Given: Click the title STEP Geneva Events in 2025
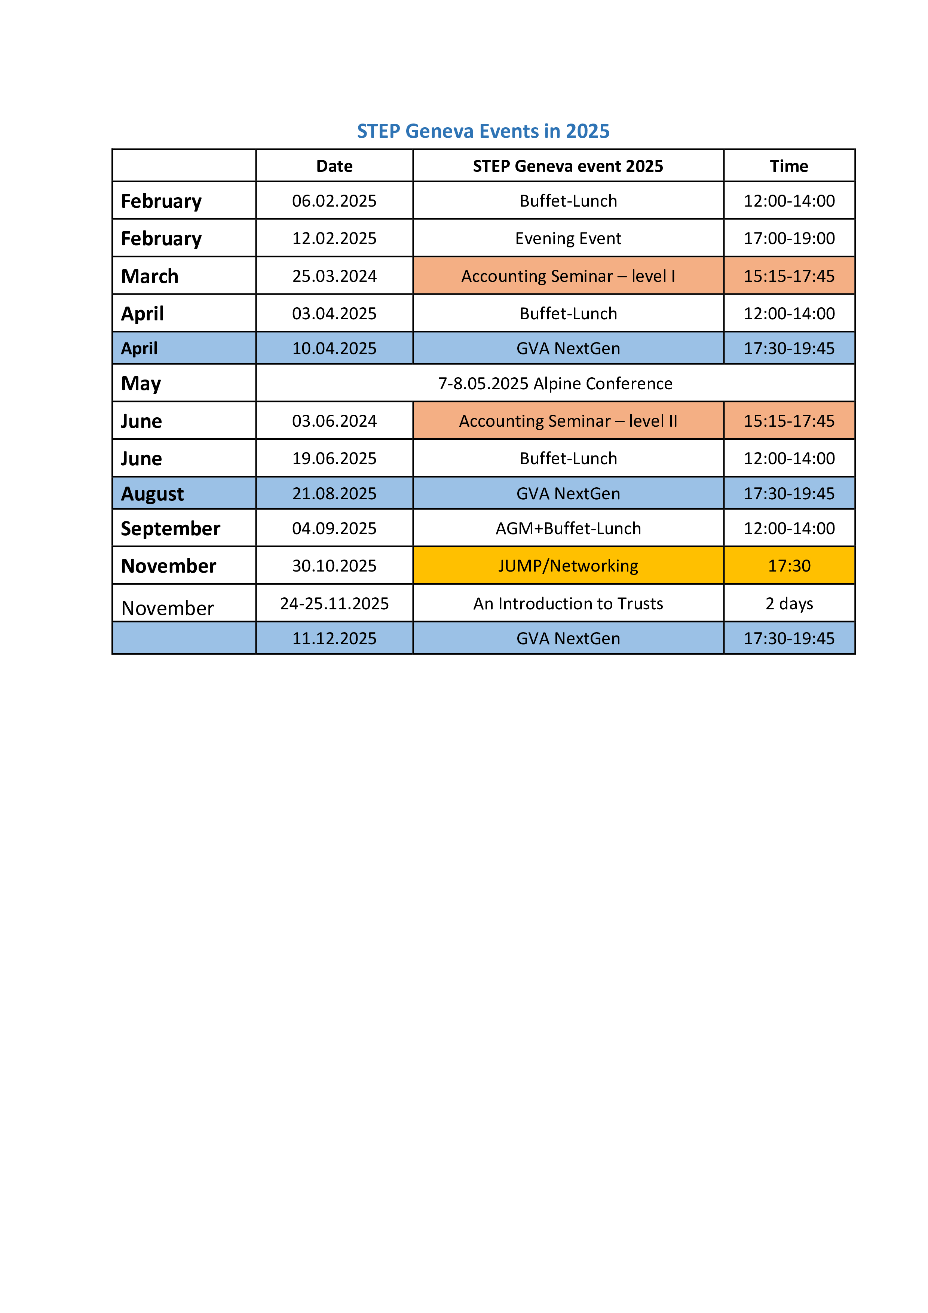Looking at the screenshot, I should coord(483,131).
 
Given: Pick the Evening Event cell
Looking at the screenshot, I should coord(568,238).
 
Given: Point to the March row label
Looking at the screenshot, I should coord(150,276).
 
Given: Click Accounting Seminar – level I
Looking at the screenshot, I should coord(568,276).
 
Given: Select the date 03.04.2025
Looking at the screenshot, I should coord(334,313).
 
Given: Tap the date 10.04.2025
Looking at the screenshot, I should coord(334,348).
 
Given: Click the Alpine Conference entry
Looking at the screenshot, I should coord(555,383).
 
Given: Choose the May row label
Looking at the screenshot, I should coord(141,383).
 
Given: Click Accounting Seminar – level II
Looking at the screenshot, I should coord(568,421).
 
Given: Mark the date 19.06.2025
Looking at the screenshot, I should coord(334,458).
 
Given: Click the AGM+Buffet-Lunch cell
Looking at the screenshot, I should coord(568,528).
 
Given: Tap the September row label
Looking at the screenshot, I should coord(170,528).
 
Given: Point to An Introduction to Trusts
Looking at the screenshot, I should coord(568,603).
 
